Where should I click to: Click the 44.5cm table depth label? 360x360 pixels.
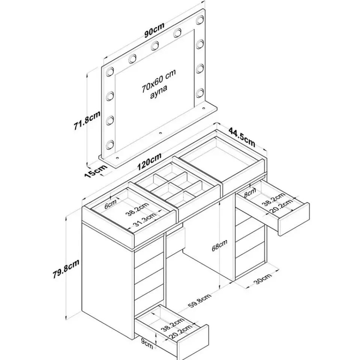[x=242, y=137]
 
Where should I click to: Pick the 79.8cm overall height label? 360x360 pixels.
[x=66, y=269]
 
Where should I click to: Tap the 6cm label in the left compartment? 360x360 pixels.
[x=111, y=205]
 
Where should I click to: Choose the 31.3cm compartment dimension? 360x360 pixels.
[x=145, y=222]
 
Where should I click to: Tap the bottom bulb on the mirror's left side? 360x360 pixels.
[x=110, y=144]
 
